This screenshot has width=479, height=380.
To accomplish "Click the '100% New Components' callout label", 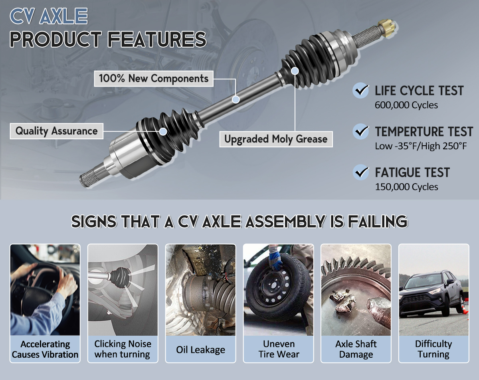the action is [x=154, y=79].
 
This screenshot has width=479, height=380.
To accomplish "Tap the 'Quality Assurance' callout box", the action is [x=57, y=131].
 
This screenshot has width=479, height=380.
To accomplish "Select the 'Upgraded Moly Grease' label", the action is [x=276, y=139].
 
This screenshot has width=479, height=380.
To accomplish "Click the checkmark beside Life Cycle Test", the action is [x=360, y=90].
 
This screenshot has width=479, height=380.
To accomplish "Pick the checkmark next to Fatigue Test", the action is [x=360, y=172].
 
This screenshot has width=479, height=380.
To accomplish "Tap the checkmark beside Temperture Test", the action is [x=360, y=131].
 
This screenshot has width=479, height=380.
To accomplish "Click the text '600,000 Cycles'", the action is [x=406, y=105].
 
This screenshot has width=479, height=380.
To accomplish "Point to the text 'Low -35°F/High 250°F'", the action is [x=421, y=146].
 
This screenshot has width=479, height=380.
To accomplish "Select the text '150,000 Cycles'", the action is [x=406, y=187].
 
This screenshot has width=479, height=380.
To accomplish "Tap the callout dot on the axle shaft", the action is [x=236, y=99].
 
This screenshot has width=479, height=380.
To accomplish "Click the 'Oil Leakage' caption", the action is [x=200, y=350].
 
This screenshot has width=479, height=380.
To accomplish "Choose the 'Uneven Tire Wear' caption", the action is [x=279, y=349].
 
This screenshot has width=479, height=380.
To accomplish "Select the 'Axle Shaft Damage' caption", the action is [x=356, y=349].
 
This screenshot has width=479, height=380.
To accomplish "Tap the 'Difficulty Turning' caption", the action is [x=433, y=349].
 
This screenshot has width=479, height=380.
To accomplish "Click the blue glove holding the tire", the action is [x=275, y=259].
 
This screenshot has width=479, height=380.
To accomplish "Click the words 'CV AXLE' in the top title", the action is [x=49, y=16].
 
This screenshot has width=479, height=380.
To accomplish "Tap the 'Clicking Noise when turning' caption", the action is [x=123, y=349].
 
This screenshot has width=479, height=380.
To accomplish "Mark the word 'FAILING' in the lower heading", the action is [x=378, y=222].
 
